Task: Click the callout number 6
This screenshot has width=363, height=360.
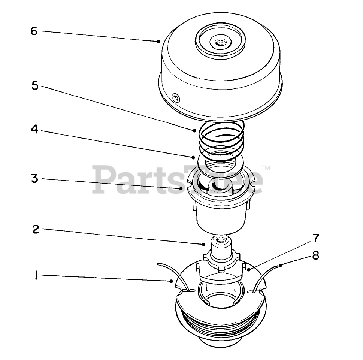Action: coord(34,31)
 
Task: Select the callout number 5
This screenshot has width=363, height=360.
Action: coord(35,86)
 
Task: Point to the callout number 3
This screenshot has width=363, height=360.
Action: coord(35,178)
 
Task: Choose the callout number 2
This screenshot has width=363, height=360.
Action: coord(36,229)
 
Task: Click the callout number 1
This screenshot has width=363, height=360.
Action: coord(36,276)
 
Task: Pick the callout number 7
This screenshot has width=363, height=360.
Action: coord(316,238)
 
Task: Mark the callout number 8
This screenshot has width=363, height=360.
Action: coord(316,255)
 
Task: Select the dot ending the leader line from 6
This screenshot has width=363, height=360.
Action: coord(159,41)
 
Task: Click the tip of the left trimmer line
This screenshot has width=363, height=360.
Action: coord(158,264)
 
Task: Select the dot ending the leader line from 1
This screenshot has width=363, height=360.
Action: coord(171,281)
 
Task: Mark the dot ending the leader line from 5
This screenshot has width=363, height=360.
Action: coord(195,130)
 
